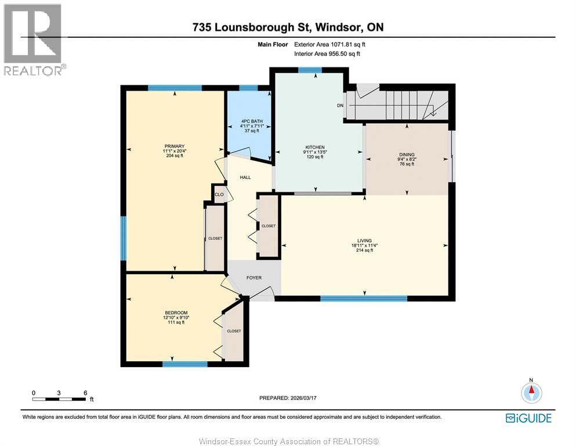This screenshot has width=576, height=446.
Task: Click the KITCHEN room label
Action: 315,148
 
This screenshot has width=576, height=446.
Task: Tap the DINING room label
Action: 405,154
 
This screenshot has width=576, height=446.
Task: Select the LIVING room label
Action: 364,240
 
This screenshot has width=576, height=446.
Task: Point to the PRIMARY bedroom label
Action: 173,146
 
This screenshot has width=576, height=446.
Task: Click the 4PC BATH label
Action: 249,121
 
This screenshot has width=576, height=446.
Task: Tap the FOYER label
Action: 254,278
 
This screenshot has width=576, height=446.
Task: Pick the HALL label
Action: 245,177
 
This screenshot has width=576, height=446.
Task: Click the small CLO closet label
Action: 219,195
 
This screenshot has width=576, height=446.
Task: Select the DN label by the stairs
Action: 340,106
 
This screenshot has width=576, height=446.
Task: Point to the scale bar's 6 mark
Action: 85,393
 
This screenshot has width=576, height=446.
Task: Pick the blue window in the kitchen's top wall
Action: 310,70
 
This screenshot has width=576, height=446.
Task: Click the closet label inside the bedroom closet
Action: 234,331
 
